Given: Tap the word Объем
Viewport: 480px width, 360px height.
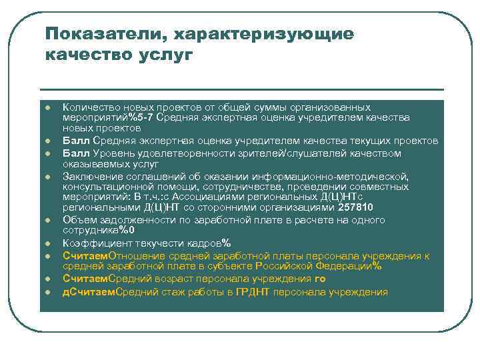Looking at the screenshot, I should tap(78, 219).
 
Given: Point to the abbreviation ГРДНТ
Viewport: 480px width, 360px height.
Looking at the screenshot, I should tap(253, 291).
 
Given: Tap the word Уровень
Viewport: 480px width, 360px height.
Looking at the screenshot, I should tap(113, 153).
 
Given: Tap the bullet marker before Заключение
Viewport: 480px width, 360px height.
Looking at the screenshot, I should tap(48, 177).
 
